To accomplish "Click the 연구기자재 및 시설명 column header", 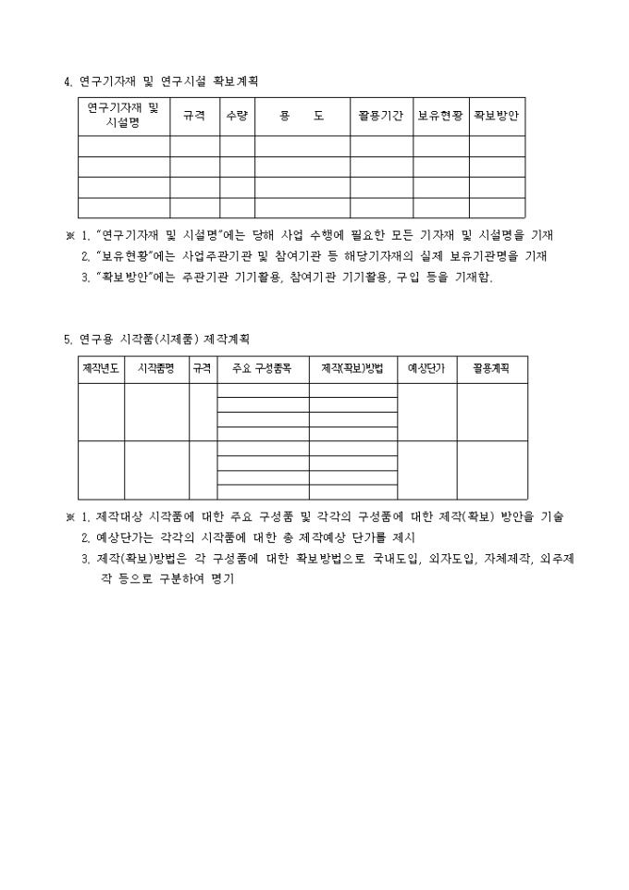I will click(123, 116).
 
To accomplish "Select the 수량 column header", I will click(237, 117).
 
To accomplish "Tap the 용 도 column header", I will click(302, 117).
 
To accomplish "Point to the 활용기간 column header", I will click(380, 117).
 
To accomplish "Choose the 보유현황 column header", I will click(440, 117).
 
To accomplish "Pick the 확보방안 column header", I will click(497, 117).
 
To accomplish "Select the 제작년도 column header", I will click(101, 369).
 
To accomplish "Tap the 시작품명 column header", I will click(156, 369).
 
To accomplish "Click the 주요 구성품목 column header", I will click(263, 369).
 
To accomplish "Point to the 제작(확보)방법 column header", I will click(352, 369).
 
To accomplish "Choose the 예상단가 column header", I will click(426, 369).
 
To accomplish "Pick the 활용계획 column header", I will click(491, 369).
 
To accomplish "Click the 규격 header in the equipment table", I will click(194, 117).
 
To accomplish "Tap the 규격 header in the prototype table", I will click(202, 369).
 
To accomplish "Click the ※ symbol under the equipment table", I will click(69, 235).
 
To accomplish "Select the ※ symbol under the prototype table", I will click(69, 516).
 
